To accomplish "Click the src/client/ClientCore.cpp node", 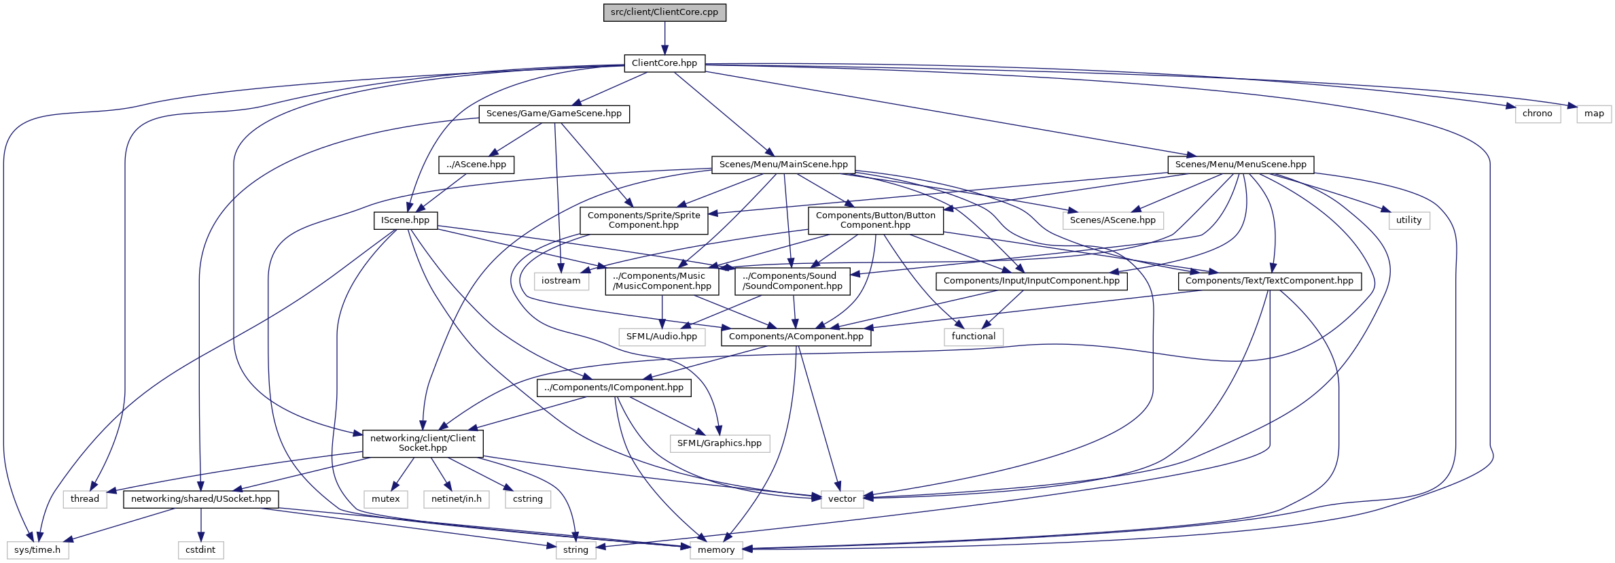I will pyautogui.click(x=664, y=12).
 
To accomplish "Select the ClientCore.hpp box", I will pyautogui.click(x=664, y=63).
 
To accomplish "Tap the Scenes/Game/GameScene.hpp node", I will pyautogui.click(x=554, y=114).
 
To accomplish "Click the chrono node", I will pyautogui.click(x=1537, y=114).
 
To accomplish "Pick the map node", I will pyautogui.click(x=1594, y=114).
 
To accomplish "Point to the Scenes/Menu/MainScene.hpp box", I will pyautogui.click(x=783, y=165).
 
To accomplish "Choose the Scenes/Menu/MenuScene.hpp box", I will pyautogui.click(x=1241, y=165).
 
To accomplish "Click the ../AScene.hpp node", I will pyautogui.click(x=476, y=165).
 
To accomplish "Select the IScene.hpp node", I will pyautogui.click(x=405, y=220).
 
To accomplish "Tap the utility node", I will pyautogui.click(x=1408, y=220).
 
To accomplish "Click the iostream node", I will pyautogui.click(x=561, y=281).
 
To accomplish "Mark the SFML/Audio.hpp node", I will pyautogui.click(x=661, y=337).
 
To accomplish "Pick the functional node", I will pyautogui.click(x=973, y=337).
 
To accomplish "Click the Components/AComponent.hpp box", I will pyautogui.click(x=796, y=337).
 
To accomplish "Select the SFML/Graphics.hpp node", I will pyautogui.click(x=719, y=443).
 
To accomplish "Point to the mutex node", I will pyautogui.click(x=385, y=499).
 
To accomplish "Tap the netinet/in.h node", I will pyautogui.click(x=456, y=499).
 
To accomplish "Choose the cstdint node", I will pyautogui.click(x=200, y=550).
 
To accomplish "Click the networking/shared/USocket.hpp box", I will pyautogui.click(x=200, y=499).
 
